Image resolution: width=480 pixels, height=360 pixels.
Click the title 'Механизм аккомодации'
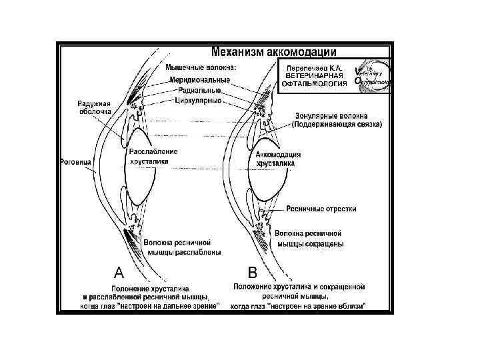click(x=273, y=50)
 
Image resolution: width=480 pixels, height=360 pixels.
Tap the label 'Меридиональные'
click(x=199, y=79)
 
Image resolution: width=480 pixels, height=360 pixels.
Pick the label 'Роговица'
click(x=75, y=161)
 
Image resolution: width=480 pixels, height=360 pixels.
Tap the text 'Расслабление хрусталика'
click(x=153, y=156)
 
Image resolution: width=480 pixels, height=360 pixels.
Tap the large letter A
click(x=118, y=271)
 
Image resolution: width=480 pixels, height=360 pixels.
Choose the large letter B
click(x=253, y=272)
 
